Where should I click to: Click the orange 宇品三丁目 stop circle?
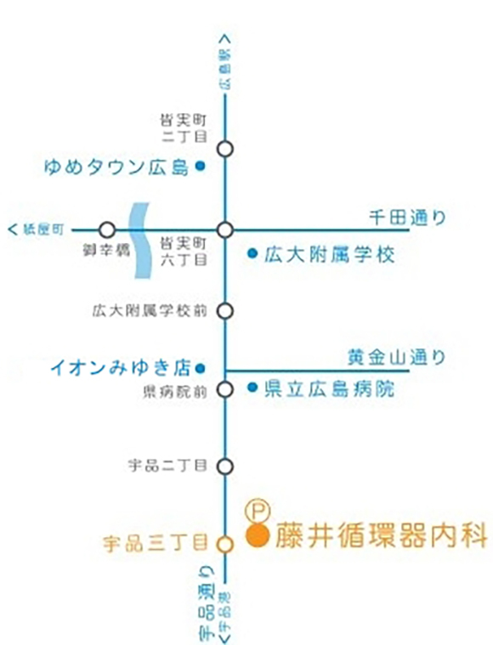(225, 545)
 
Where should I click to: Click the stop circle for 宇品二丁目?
(225, 466)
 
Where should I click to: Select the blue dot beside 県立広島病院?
(252, 389)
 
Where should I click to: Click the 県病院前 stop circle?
(225, 390)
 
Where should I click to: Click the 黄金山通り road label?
(396, 358)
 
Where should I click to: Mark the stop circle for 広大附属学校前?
(225, 310)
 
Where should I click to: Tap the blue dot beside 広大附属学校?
(252, 253)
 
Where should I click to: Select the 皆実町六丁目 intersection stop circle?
(225, 229)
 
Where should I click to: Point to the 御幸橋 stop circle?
(107, 229)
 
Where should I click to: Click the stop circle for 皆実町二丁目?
(225, 149)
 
